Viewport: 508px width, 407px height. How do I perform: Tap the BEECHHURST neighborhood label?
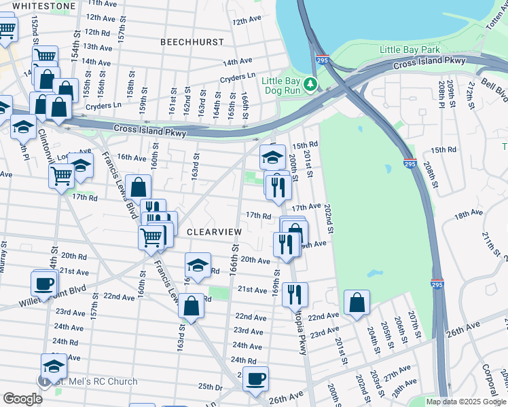pyautogui.click(x=192, y=42)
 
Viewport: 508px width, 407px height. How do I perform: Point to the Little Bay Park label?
pyautogui.click(x=410, y=50)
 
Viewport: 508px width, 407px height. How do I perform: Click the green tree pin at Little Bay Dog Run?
pyautogui.click(x=311, y=83)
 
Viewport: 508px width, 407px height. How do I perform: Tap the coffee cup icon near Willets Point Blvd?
pyautogui.click(x=45, y=284)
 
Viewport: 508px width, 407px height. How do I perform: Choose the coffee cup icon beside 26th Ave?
pyautogui.click(x=255, y=379)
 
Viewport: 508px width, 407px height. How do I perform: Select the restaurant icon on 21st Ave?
pyautogui.click(x=295, y=294)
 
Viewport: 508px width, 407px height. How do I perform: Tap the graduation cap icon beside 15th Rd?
pyautogui.click(x=272, y=157)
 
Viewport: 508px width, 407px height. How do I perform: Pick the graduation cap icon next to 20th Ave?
pyautogui.click(x=198, y=265)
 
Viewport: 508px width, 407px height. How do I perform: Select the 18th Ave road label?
pyautogui.click(x=468, y=213)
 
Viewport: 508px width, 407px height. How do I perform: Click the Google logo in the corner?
pyautogui.click(x=22, y=399)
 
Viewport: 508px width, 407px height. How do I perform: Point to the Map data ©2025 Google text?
pyautogui.click(x=466, y=402)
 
